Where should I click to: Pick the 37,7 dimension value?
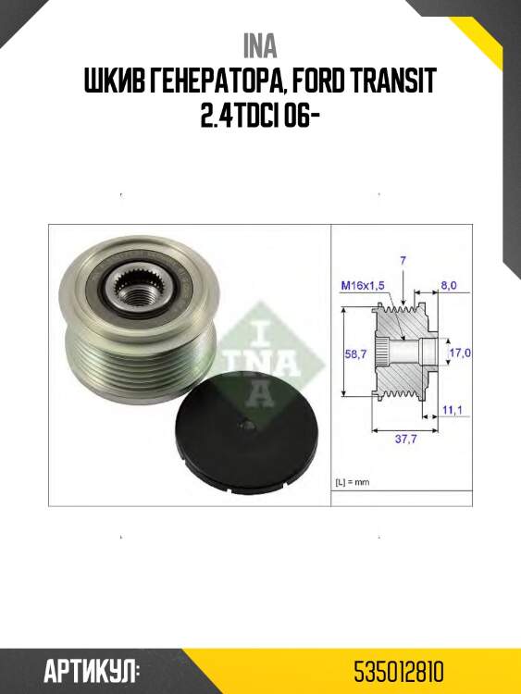tap(405, 440)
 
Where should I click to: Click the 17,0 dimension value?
tap(460, 353)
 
